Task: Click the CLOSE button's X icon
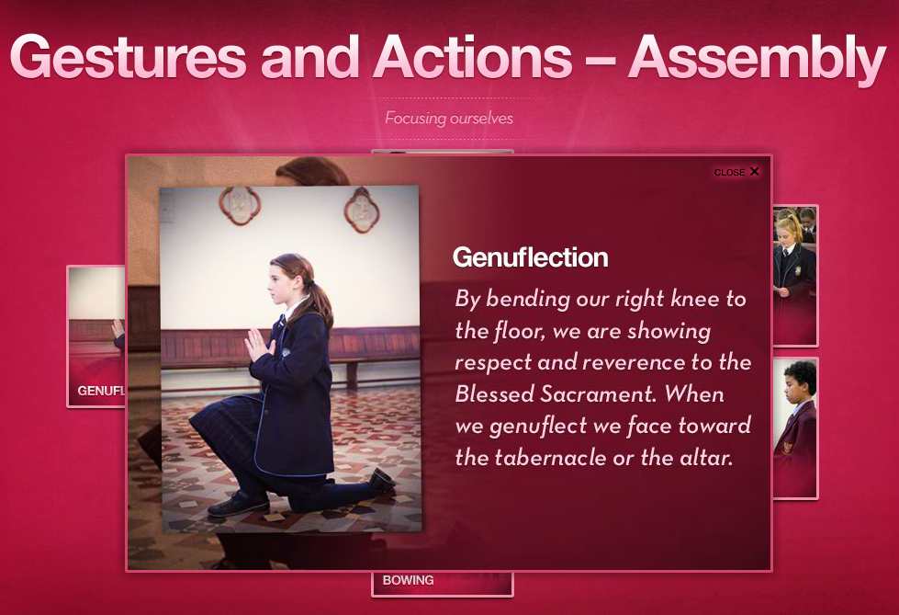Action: pyautogui.click(x=754, y=171)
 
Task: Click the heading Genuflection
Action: pyautogui.click(x=531, y=257)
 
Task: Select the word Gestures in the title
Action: pyautogui.click(x=129, y=57)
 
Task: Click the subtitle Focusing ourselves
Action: pyautogui.click(x=449, y=119)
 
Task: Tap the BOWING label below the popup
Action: pyautogui.click(x=409, y=580)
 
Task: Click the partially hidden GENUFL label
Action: pyautogui.click(x=101, y=391)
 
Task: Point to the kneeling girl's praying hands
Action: pyautogui.click(x=257, y=346)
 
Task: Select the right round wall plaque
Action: pyautogui.click(x=362, y=209)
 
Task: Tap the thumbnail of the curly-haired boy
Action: pyautogui.click(x=794, y=427)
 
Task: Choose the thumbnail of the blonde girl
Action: pyautogui.click(x=794, y=276)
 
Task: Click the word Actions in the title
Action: pyautogui.click(x=473, y=57)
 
